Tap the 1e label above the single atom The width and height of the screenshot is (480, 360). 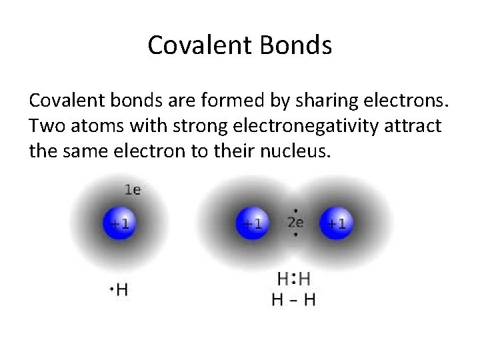coord(133,190)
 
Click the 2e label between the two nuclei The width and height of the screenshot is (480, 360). coord(295,223)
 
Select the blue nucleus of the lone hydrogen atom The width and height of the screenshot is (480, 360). coord(119,223)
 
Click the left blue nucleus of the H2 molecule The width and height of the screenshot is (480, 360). coord(251,223)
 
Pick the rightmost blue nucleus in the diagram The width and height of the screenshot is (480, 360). coord(337,223)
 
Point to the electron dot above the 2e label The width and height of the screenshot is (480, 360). coord(295,208)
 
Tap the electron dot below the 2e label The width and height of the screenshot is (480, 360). coord(295,235)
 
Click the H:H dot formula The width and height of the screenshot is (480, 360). coord(293,279)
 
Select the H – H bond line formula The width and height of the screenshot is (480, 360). coord(293,299)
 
